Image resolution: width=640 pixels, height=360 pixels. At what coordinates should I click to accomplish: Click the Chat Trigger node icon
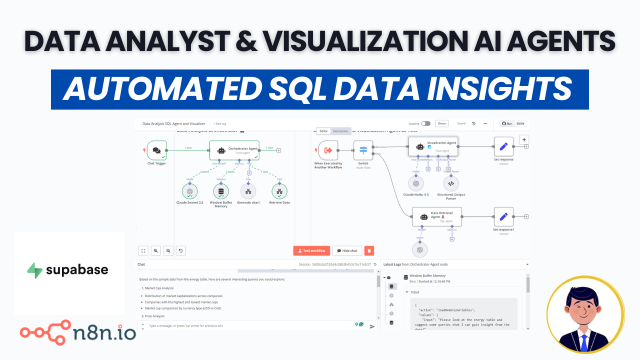[x=156, y=150]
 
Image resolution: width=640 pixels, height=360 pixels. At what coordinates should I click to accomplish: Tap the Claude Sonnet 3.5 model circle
[x=189, y=191]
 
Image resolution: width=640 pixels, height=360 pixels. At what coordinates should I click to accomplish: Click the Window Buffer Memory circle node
[x=220, y=191]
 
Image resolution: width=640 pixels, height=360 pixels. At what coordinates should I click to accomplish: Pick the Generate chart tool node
[x=248, y=191]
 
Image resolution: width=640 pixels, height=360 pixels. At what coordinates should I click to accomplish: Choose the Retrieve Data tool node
[x=279, y=191]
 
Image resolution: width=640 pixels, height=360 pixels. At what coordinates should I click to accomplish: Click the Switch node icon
[x=363, y=150]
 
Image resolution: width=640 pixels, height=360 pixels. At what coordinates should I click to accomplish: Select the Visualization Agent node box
[x=433, y=146]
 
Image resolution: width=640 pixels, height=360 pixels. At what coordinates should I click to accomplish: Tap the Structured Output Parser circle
[x=450, y=183]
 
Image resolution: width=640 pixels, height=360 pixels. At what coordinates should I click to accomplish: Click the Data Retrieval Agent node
[x=436, y=216]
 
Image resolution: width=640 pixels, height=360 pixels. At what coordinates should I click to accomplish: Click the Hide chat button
[x=347, y=250]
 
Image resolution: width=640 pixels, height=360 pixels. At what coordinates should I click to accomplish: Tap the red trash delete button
[x=369, y=250]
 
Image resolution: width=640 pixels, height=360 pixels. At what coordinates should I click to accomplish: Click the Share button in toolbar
[x=441, y=123]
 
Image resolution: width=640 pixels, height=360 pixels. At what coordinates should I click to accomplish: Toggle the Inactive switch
[x=425, y=123]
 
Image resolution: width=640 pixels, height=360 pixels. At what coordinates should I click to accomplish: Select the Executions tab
[x=340, y=131]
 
